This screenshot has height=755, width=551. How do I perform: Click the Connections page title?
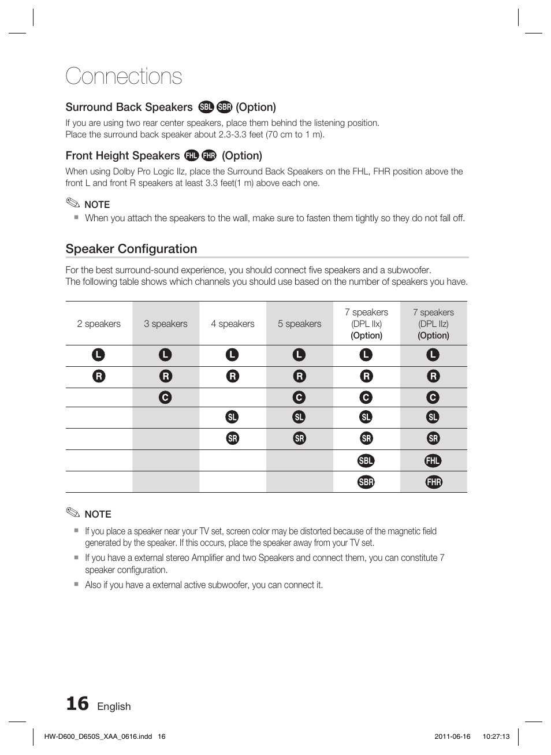pyautogui.click(x=124, y=76)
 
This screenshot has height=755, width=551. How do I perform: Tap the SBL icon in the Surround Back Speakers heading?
pyautogui.click(x=206, y=107)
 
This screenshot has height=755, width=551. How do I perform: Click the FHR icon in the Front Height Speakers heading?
pyautogui.click(x=209, y=155)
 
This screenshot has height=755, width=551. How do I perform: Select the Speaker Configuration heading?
pyautogui.click(x=131, y=249)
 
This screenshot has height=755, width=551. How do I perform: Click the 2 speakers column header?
pyautogui.click(x=99, y=323)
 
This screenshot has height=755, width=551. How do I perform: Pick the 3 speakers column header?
pyautogui.click(x=166, y=323)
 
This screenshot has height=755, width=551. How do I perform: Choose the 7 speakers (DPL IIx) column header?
pyautogui.click(x=366, y=323)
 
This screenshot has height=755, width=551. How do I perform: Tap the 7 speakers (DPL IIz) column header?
pyautogui.click(x=433, y=323)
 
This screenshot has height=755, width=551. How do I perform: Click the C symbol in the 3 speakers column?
pyautogui.click(x=165, y=397)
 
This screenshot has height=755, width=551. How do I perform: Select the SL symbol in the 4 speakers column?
pyautogui.click(x=232, y=417)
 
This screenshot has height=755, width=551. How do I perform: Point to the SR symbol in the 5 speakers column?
pyautogui.click(x=299, y=438)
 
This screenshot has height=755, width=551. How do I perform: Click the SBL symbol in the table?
pyautogui.click(x=366, y=460)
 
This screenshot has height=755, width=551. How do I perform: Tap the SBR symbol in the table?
pyautogui.click(x=366, y=482)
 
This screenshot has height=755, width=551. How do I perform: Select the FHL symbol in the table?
pyautogui.click(x=433, y=460)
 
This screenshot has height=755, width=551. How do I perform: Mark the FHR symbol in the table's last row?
pyautogui.click(x=434, y=482)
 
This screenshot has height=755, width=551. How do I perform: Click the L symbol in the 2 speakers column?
pyautogui.click(x=99, y=355)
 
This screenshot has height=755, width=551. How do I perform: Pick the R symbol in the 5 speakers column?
pyautogui.click(x=299, y=376)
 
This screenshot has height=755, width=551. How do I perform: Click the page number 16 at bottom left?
pyautogui.click(x=77, y=704)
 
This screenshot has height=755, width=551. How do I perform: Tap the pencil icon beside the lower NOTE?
pyautogui.click(x=73, y=512)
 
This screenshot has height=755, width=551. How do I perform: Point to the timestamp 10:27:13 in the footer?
pyautogui.click(x=496, y=737)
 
